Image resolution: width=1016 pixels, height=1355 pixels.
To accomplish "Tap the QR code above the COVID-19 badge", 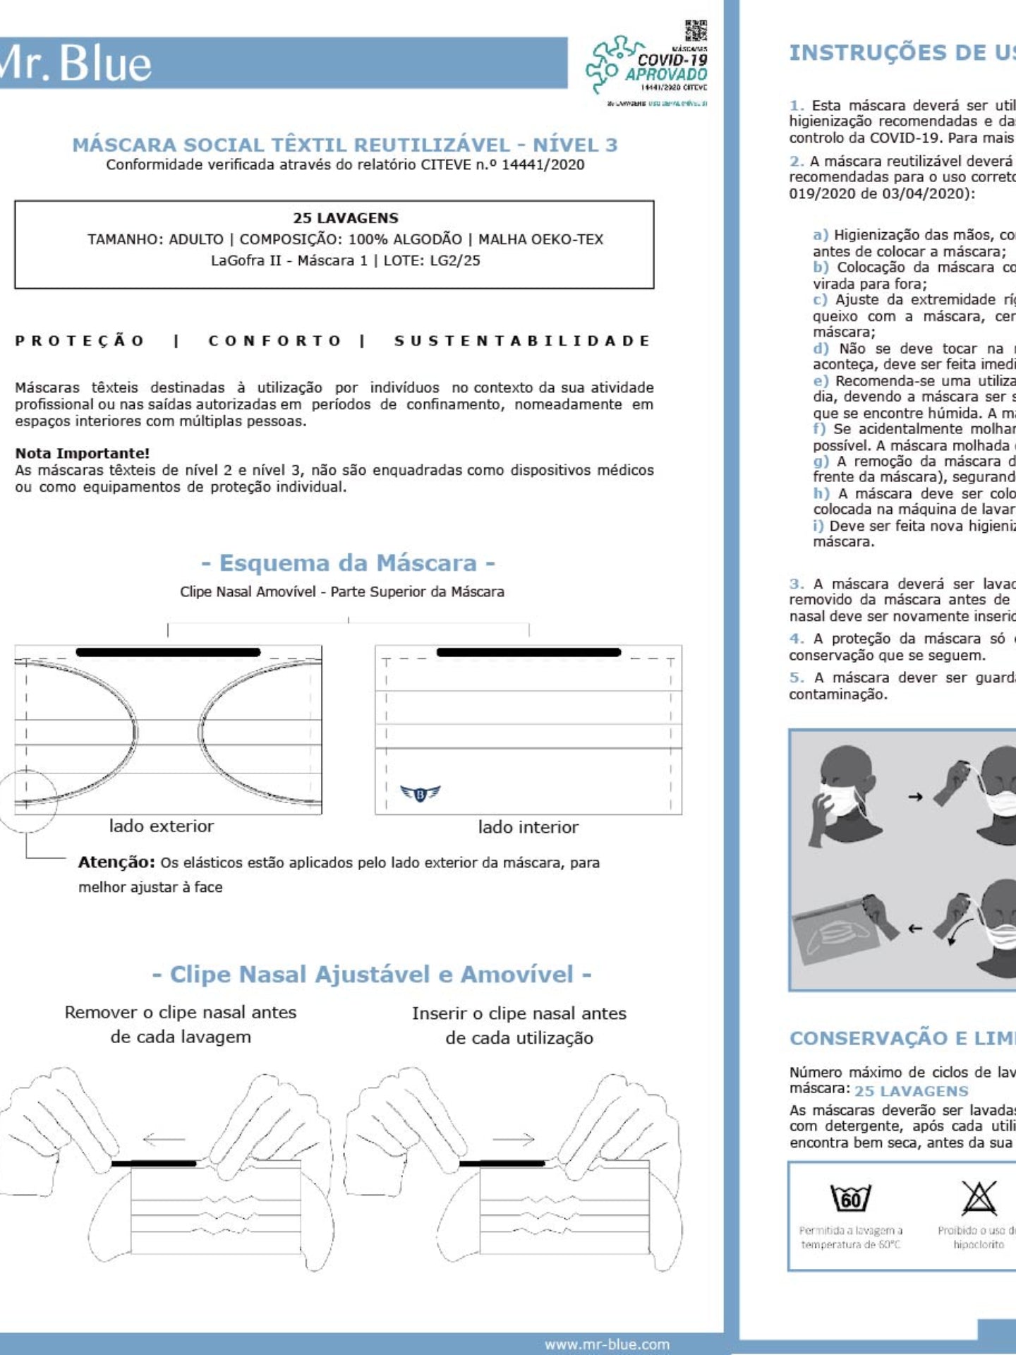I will [695, 32].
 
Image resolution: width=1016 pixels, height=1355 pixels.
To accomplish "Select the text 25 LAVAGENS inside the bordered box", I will [346, 218].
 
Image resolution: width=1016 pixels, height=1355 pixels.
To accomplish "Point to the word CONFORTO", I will [274, 341].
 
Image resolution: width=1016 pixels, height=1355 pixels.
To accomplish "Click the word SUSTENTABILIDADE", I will [522, 341].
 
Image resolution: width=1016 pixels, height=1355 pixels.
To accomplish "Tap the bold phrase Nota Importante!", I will [83, 453].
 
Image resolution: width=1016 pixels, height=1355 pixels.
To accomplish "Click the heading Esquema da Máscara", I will [348, 563].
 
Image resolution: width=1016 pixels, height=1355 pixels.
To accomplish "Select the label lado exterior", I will [161, 826].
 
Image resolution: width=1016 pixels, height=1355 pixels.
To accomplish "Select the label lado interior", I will [528, 827].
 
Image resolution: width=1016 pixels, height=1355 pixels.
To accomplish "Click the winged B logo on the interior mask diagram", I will [420, 794].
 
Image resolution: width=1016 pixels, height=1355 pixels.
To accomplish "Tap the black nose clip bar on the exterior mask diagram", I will [168, 652].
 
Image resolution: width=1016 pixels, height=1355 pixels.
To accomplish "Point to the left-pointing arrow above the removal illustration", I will [163, 1139].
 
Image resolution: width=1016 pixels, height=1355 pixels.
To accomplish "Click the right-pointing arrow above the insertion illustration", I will [514, 1139].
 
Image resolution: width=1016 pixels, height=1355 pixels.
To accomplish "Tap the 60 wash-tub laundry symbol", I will [851, 1199].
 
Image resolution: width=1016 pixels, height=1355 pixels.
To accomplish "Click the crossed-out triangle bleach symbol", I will [979, 1198].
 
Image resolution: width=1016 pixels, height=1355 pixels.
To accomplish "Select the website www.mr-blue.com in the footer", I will [607, 1344].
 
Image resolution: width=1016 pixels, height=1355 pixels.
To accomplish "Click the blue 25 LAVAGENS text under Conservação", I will [912, 1091].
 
